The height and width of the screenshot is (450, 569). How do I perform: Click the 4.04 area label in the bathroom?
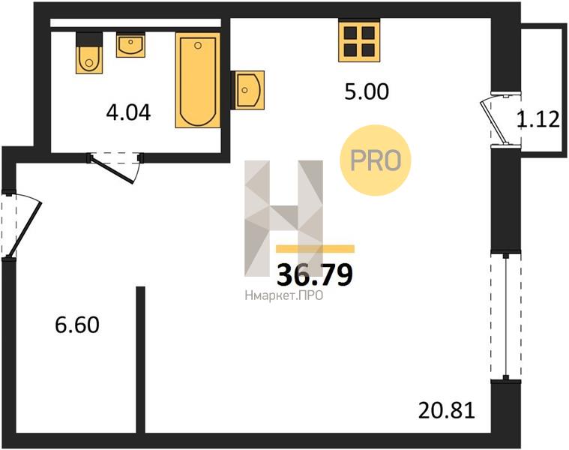(x=128, y=112)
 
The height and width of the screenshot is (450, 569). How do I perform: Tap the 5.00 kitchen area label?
(x=367, y=91)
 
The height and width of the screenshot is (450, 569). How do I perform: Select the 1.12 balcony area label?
(x=538, y=119)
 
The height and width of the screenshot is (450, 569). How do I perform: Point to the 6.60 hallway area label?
(x=77, y=325)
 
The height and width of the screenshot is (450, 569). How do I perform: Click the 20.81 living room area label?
(x=447, y=411)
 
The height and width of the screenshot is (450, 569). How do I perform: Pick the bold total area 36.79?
(x=315, y=274)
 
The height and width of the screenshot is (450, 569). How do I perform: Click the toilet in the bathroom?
(x=89, y=53)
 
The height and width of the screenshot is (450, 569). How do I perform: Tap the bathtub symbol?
(x=198, y=80)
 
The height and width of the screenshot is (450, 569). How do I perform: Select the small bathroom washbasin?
(x=130, y=45)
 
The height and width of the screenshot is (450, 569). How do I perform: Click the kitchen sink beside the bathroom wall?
(x=249, y=90)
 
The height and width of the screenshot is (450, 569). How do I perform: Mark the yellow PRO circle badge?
(x=376, y=160)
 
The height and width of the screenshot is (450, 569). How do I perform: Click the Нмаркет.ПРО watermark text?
(x=284, y=296)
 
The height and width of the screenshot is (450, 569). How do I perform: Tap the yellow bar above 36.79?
(x=315, y=248)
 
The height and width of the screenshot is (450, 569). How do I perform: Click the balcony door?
(x=501, y=120)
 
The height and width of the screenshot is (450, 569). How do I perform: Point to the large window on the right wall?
(x=505, y=316)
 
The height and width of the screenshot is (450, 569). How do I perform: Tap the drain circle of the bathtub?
(x=198, y=45)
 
